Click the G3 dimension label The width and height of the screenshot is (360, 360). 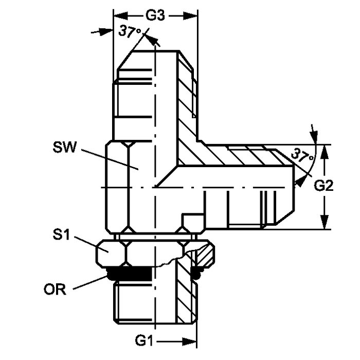click(155, 15)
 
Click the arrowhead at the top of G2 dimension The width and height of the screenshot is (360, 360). click(324, 149)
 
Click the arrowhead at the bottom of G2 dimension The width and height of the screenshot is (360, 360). click(324, 224)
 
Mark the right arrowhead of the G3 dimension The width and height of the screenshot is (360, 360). click(193, 16)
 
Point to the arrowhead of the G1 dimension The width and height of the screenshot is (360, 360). click(193, 341)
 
